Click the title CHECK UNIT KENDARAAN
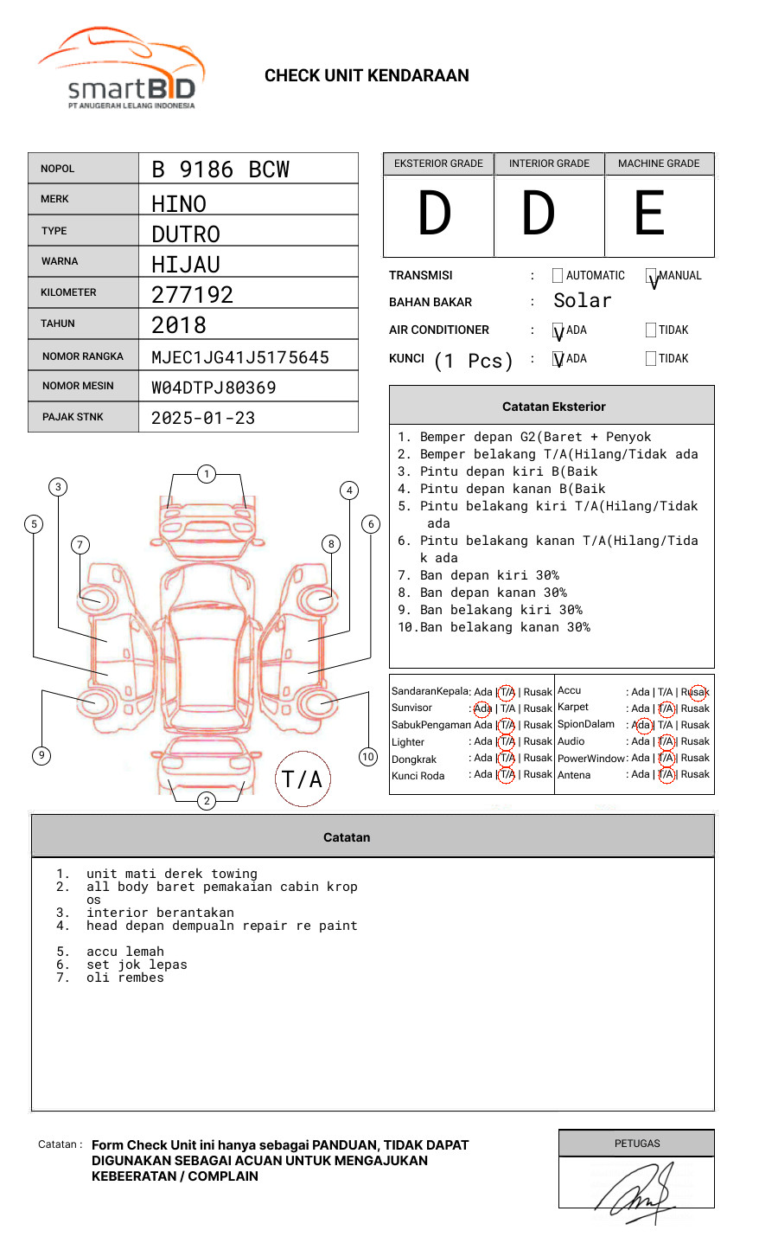(x=367, y=76)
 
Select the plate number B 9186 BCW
(x=220, y=170)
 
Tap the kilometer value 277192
(x=192, y=295)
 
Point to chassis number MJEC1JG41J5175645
(x=240, y=357)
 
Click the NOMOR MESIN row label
(x=78, y=386)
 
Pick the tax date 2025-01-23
(x=203, y=418)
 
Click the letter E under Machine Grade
(x=649, y=214)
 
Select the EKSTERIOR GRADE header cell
(x=438, y=163)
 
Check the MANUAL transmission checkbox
(x=652, y=277)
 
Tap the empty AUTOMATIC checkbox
(x=558, y=276)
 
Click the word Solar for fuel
(x=582, y=301)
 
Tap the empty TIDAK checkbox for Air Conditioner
(x=651, y=330)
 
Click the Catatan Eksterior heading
(x=553, y=407)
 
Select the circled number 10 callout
(x=368, y=757)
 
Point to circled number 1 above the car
(x=206, y=474)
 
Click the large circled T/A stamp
(x=303, y=779)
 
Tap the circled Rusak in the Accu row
(x=697, y=692)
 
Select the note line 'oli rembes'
(x=124, y=978)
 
